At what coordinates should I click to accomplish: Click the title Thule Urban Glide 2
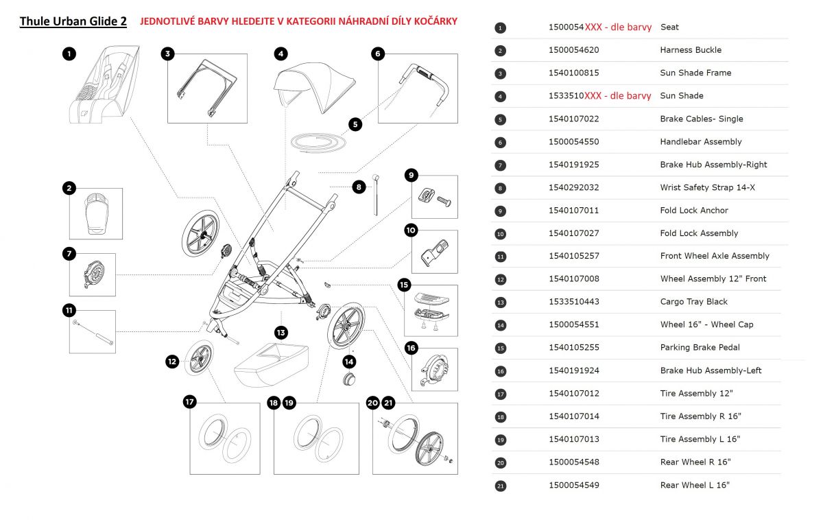coord(73,21)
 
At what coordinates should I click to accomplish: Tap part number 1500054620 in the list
coord(573,50)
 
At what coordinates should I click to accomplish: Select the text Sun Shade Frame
coord(695,73)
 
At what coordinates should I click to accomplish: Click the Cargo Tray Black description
coord(693,302)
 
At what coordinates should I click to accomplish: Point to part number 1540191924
coord(573,370)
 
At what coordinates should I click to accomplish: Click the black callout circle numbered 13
coord(281,333)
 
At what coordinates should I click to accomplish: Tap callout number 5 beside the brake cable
coord(355,124)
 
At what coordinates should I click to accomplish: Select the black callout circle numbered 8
coord(359,186)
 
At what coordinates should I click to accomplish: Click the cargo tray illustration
coord(272,364)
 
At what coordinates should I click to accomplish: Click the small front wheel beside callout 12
coord(200,357)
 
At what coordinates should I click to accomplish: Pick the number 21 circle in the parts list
coord(500,486)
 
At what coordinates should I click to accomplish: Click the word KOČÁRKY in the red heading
coord(433,21)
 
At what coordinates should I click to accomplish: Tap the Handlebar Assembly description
coord(700,141)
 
